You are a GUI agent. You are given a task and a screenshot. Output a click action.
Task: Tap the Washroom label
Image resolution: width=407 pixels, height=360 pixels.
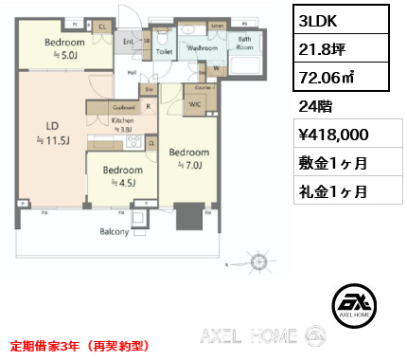coord(203,45)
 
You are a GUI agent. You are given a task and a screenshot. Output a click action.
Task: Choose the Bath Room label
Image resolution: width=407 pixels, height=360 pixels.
coord(245,44)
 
